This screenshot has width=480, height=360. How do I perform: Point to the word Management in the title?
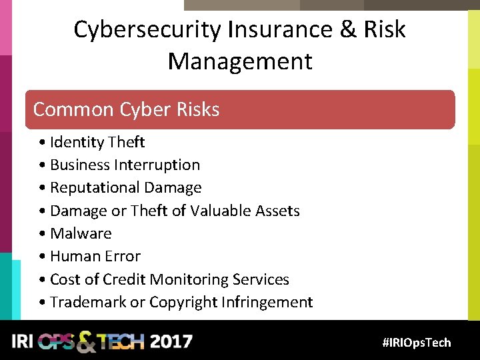pyautogui.click(x=240, y=61)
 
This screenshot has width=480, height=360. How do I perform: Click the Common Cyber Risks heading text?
pyautogui.click(x=126, y=109)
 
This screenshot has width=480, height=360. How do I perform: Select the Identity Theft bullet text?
pyautogui.click(x=97, y=142)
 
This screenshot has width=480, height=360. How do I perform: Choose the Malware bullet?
pyautogui.click(x=81, y=233)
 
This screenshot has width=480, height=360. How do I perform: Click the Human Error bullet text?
pyautogui.click(x=95, y=256)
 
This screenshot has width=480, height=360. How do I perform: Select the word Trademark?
pyautogui.click(x=88, y=302)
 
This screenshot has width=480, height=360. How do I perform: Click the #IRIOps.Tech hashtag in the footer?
pyautogui.click(x=417, y=343)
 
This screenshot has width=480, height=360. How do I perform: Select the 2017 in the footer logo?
pyautogui.click(x=171, y=342)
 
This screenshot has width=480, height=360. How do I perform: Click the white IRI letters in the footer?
pyautogui.click(x=23, y=342)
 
